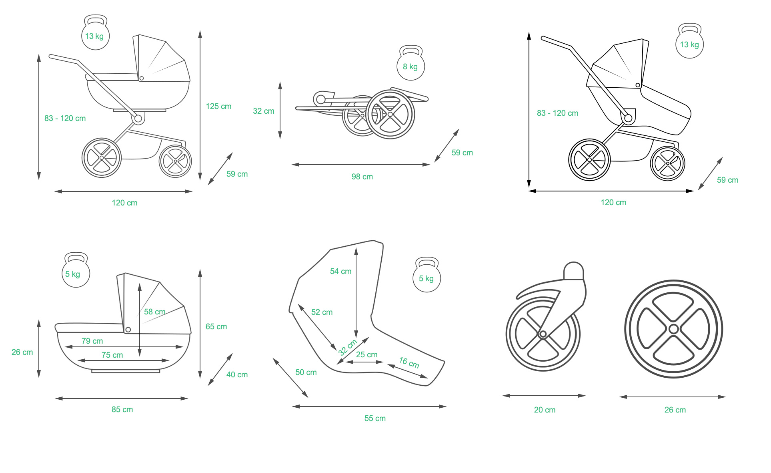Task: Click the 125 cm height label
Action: (218, 107)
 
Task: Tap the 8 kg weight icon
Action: (411, 64)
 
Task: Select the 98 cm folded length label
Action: (362, 177)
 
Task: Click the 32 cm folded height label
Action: (263, 111)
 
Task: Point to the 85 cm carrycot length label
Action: (122, 409)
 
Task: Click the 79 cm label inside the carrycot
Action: (92, 341)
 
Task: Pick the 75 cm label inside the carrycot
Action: (112, 355)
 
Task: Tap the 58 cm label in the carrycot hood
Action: (154, 312)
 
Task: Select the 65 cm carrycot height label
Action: (216, 326)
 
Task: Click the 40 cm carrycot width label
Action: (237, 374)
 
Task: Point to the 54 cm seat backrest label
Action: (340, 271)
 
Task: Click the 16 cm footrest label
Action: (409, 363)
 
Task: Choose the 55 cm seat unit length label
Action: (375, 418)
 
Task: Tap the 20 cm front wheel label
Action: (545, 410)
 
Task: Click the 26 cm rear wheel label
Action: (675, 410)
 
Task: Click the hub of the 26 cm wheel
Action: (673, 329)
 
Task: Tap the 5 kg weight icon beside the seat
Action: (427, 276)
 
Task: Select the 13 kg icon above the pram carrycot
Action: (95, 34)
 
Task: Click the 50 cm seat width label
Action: (306, 372)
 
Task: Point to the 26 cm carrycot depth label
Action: (22, 352)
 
